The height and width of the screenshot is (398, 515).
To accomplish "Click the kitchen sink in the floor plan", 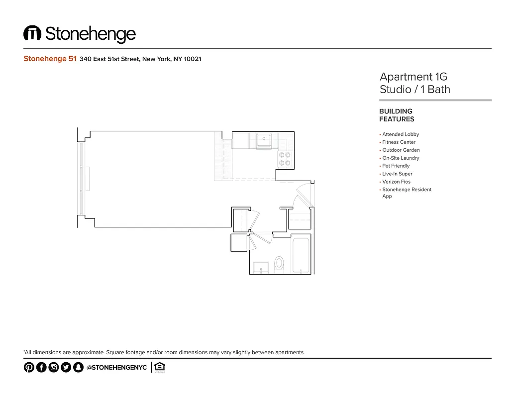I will pos(264,141).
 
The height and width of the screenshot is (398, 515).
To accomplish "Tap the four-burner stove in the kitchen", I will pos(284,159).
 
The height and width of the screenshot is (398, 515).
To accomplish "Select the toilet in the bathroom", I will pos(279,264).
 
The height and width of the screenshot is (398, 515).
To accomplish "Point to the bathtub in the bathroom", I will pos(301,256).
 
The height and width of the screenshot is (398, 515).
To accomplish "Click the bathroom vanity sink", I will pos(261,267).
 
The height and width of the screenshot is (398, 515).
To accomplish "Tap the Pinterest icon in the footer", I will pos(29,367).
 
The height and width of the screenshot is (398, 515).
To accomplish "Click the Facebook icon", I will pos(41,367).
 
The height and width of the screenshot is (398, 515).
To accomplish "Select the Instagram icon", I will pos(54,367).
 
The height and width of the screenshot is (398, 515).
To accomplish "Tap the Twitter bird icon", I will pos(66,367).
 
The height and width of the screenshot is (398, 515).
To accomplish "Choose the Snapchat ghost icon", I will pos(78,367).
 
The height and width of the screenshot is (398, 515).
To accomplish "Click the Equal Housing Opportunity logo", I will pos(159,367).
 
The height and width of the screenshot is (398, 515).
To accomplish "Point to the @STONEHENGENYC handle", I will pos(116,367).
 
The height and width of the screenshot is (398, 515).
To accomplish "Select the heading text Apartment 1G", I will pos(413,77).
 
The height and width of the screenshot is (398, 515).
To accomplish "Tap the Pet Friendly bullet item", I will pos(396,166).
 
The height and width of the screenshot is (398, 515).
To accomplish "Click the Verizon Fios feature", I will pos(396,182).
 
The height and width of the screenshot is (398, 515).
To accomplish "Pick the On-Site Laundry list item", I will pos(401,158).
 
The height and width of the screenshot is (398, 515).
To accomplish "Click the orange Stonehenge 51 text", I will pos(50,59).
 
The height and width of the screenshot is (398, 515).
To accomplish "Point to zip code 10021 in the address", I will pos(193,59).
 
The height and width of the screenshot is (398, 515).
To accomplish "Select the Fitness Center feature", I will pos(399,142).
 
